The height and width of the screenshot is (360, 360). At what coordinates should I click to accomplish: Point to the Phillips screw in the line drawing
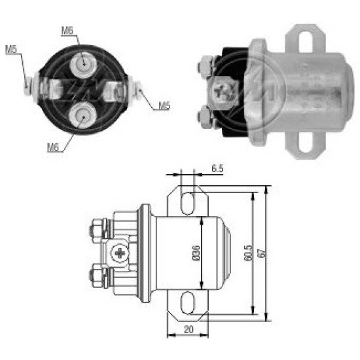tap(119, 252)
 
